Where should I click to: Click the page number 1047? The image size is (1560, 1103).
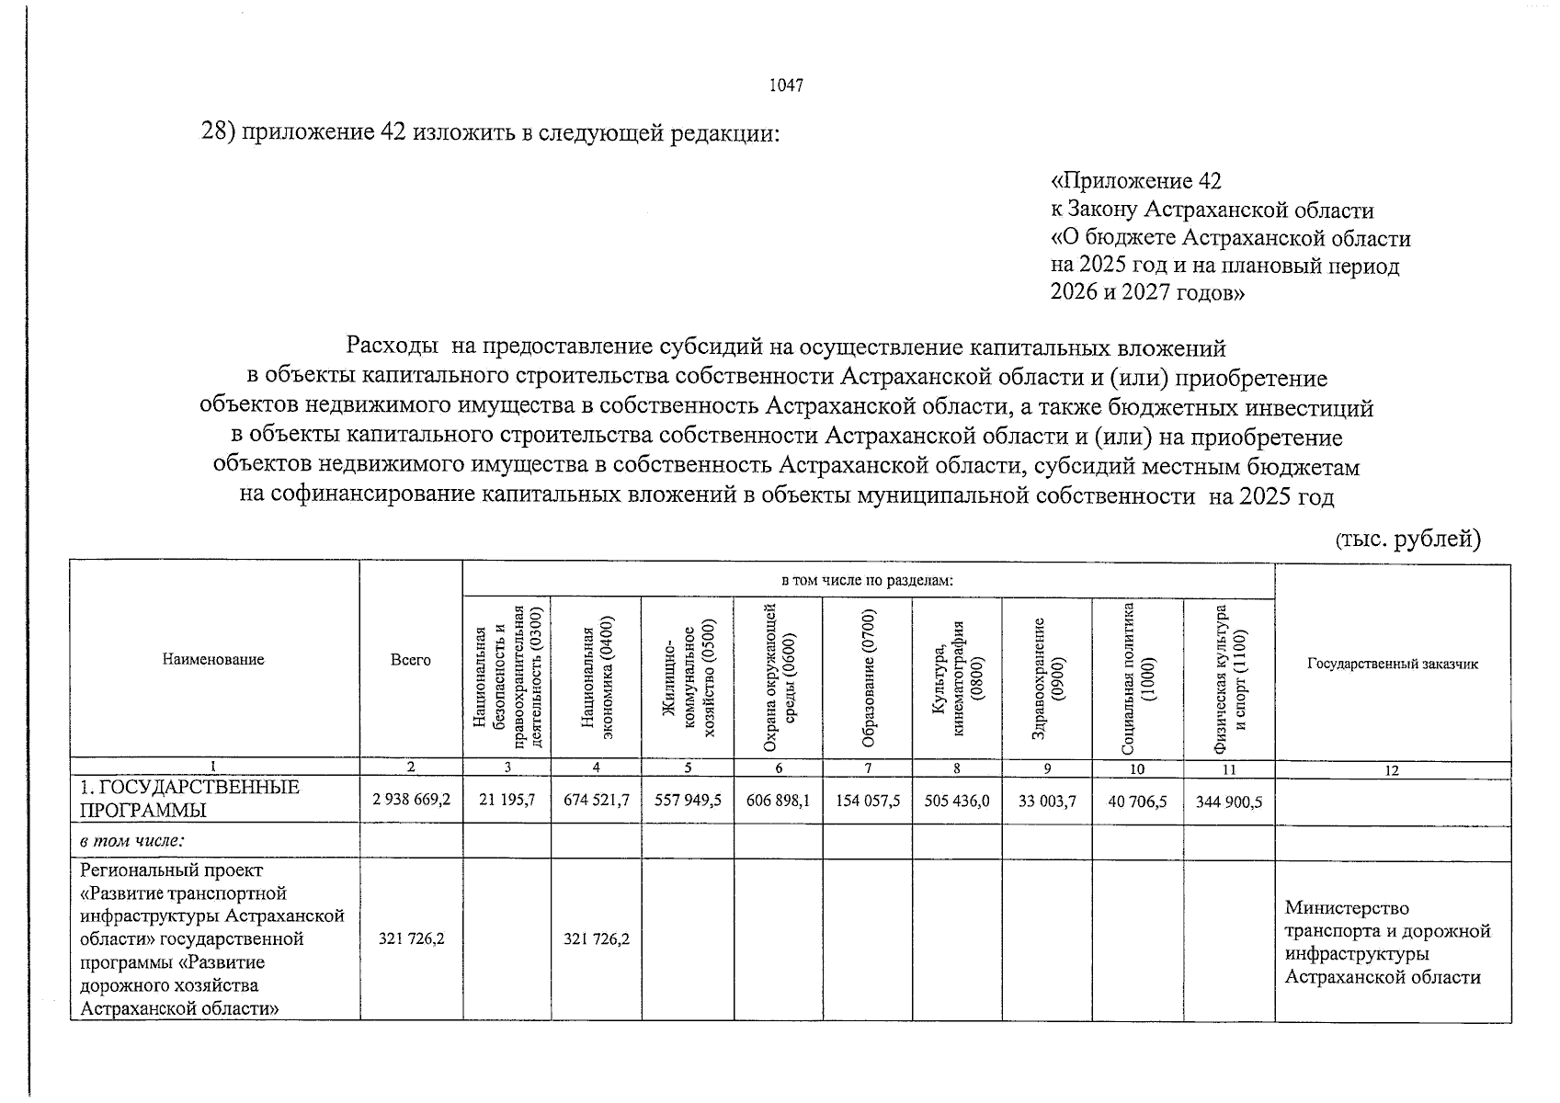click(786, 85)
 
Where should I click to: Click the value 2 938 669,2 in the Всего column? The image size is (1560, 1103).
click(411, 801)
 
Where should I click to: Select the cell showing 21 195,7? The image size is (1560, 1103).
click(507, 801)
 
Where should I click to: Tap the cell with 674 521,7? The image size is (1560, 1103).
click(597, 801)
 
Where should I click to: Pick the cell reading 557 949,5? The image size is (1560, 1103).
click(688, 801)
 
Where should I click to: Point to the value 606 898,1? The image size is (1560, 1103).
click(778, 801)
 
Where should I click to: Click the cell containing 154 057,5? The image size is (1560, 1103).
click(867, 801)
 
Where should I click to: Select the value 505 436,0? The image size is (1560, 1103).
click(957, 801)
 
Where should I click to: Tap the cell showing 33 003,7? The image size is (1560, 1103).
click(1046, 802)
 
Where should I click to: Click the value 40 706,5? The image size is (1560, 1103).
click(1137, 802)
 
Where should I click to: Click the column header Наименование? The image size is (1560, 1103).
click(213, 659)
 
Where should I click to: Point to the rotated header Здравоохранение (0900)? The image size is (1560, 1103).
click(1047, 678)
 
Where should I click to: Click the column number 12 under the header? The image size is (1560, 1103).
click(1392, 770)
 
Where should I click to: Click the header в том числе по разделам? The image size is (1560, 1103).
click(867, 581)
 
